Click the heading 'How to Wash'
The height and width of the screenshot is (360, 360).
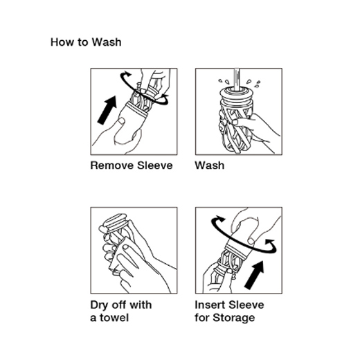click(x=86, y=42)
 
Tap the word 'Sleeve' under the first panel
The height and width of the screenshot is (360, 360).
click(x=154, y=165)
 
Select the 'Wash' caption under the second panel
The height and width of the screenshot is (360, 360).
click(x=210, y=165)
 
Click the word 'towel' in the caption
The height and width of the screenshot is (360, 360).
click(x=114, y=318)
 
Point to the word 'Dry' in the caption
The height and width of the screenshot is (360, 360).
click(x=99, y=305)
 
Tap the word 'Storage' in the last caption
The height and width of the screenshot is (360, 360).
click(x=234, y=318)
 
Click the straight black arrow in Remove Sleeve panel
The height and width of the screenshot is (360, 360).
click(x=107, y=110)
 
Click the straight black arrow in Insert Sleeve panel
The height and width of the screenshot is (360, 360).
click(x=254, y=275)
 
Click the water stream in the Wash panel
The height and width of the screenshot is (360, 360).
click(x=236, y=79)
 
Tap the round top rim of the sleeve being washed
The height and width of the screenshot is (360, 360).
click(x=236, y=92)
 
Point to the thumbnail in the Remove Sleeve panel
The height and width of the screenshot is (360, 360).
click(x=121, y=120)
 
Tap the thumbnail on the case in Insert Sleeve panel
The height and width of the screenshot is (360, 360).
click(x=251, y=242)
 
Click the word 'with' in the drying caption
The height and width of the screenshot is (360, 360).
click(x=141, y=305)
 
